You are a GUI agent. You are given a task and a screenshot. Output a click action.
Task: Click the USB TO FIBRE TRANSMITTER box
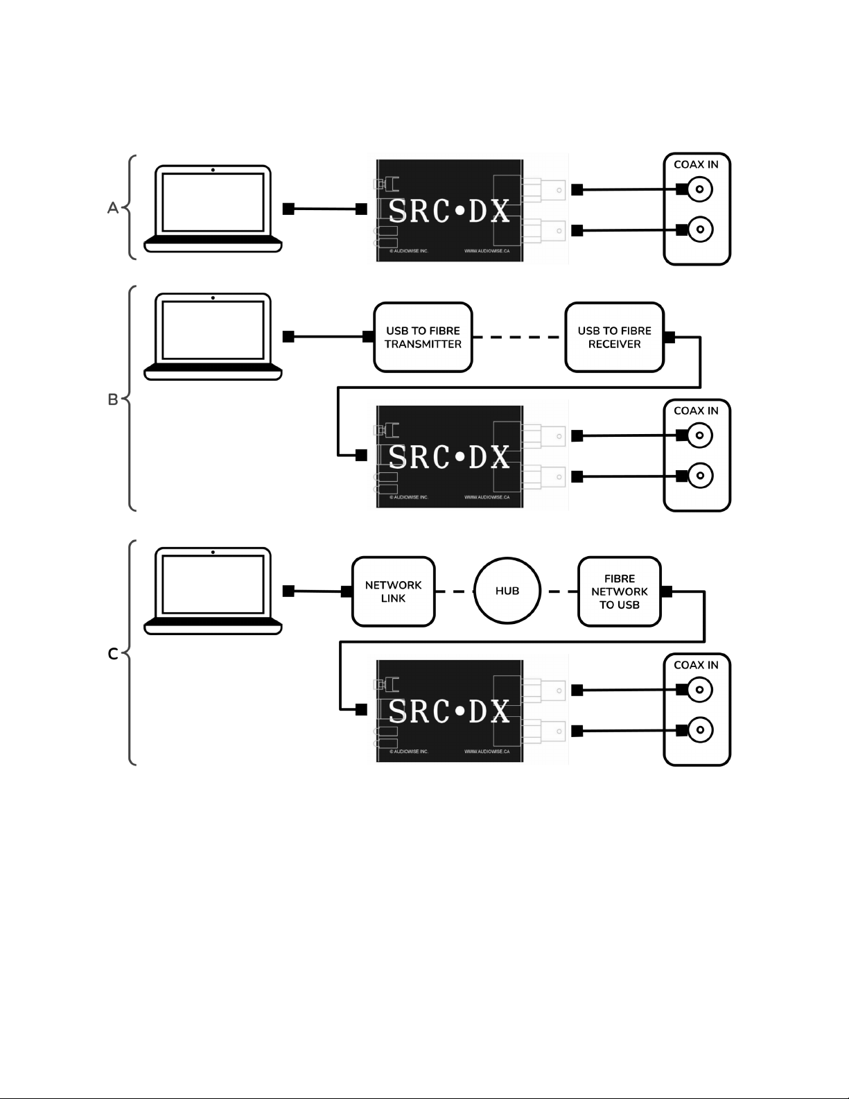[x=423, y=338]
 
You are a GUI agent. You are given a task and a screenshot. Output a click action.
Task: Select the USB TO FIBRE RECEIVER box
[x=615, y=338]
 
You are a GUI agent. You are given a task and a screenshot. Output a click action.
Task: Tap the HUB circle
[x=507, y=591]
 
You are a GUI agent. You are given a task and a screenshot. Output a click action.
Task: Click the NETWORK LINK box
[x=393, y=591]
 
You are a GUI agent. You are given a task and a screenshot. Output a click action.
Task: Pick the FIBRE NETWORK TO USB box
[x=620, y=591]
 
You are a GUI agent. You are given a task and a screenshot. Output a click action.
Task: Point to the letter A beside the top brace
[x=113, y=208]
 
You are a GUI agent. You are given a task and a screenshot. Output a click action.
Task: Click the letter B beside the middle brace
[x=113, y=399]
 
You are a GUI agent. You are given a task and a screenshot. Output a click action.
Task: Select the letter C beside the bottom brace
[x=113, y=654]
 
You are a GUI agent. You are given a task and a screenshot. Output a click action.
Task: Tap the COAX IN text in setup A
[x=696, y=164]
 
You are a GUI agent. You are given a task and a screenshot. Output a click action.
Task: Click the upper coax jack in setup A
[x=700, y=189]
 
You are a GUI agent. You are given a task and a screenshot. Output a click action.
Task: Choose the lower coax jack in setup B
[x=700, y=476]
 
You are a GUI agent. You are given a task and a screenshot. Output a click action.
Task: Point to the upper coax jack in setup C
[x=700, y=689]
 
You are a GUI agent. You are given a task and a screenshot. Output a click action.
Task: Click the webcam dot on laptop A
[x=213, y=170]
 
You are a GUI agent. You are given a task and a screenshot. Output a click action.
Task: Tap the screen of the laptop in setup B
[x=213, y=330]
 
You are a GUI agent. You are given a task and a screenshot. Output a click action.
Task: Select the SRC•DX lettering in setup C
[x=449, y=711]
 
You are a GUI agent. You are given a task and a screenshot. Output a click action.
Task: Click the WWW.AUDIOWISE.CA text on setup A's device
[x=487, y=251]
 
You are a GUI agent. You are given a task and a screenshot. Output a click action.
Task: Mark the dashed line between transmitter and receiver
[x=518, y=337]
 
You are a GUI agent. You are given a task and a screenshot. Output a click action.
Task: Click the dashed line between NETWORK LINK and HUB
[x=455, y=591]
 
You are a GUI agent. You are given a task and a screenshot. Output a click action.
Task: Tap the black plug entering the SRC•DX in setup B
[x=361, y=455]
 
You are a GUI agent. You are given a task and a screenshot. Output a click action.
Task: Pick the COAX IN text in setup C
[x=696, y=665]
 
